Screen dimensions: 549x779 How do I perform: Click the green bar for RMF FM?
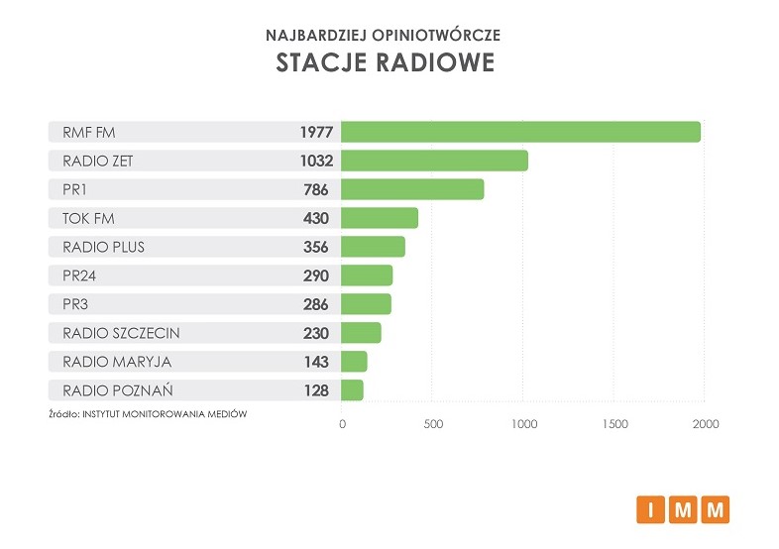coord(520,132)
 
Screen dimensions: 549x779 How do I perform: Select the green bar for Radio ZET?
coord(434,161)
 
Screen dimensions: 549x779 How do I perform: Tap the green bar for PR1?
coord(412,189)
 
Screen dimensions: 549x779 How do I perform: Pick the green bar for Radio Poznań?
coord(352,390)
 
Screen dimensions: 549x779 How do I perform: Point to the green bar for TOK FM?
coord(380,218)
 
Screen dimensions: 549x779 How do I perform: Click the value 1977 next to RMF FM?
coord(316,132)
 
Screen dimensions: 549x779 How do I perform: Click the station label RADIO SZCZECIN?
coord(121,333)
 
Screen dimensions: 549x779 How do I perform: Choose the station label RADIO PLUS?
coord(103,247)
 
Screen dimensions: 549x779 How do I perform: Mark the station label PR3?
coord(77,304)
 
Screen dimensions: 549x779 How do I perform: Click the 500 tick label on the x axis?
coord(432,424)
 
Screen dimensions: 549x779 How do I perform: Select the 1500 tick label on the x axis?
coord(614,424)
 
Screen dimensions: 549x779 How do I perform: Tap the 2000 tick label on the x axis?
coord(705,424)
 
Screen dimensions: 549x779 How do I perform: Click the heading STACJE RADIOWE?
coord(385,63)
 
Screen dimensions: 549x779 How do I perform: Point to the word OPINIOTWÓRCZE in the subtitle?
coord(441,34)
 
